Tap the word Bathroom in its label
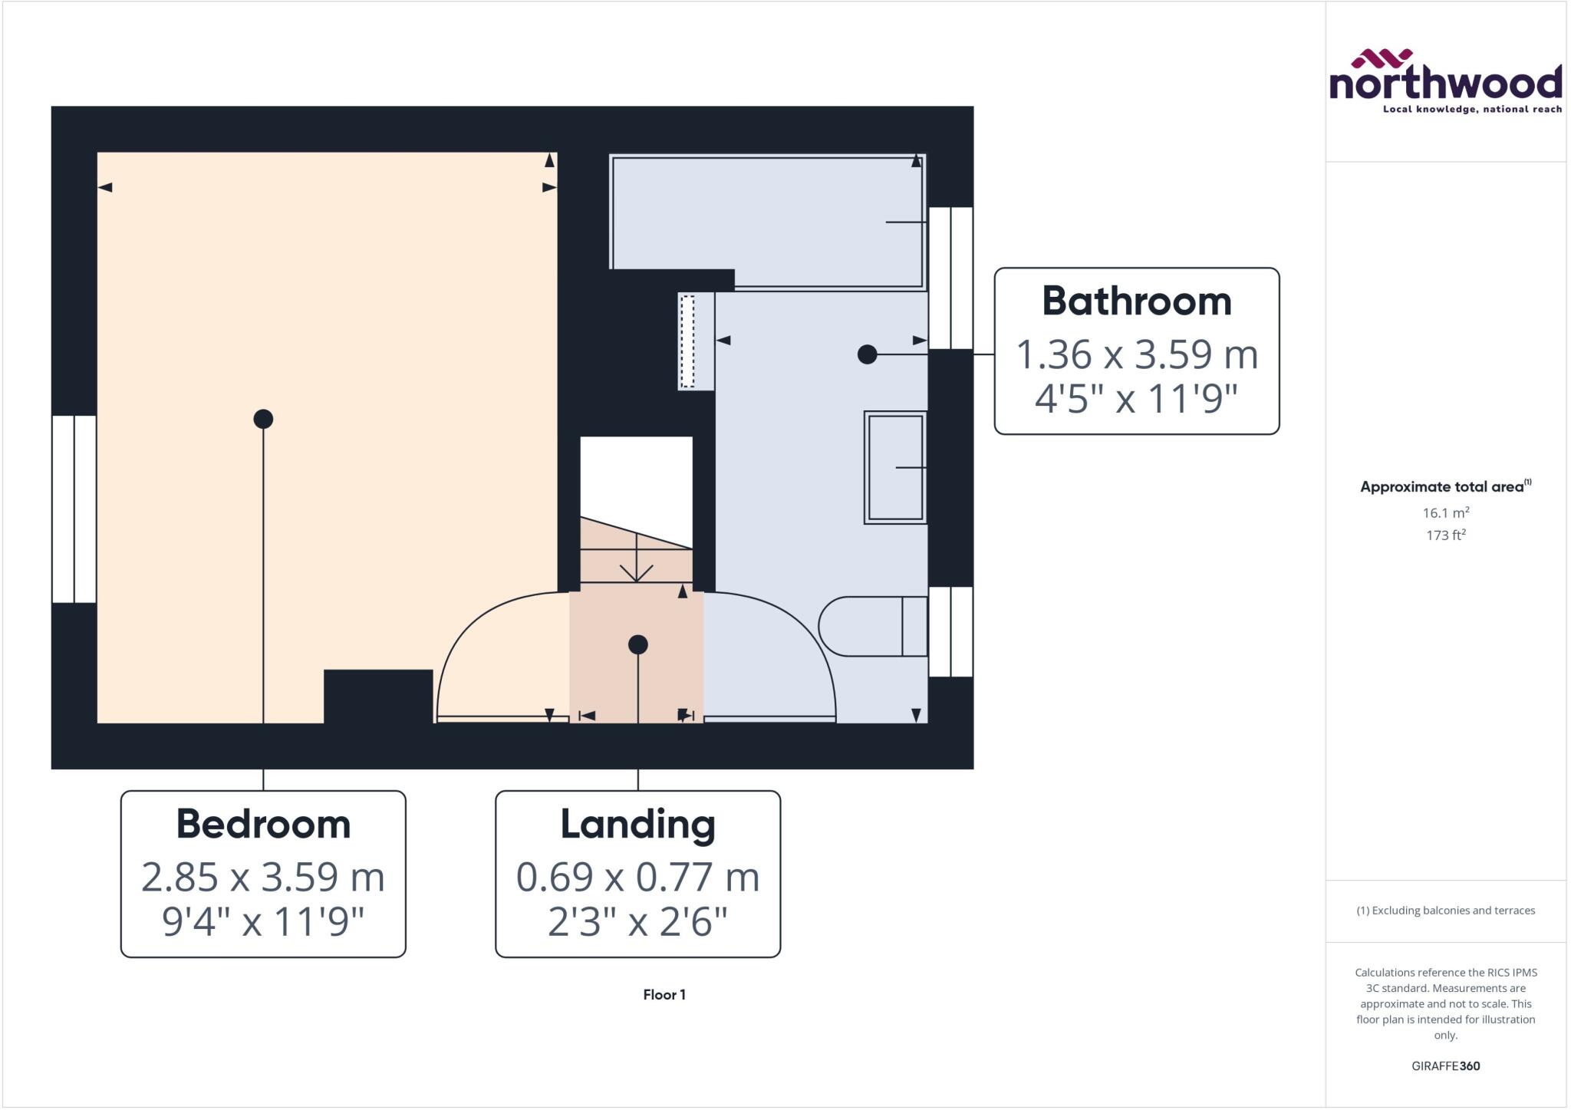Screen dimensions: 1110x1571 click(x=1136, y=301)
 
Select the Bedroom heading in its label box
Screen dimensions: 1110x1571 click(x=263, y=824)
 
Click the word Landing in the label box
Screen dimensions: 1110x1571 click(x=637, y=824)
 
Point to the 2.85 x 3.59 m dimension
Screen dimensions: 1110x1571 click(x=263, y=877)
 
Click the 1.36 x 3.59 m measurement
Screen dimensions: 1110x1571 click(x=1136, y=354)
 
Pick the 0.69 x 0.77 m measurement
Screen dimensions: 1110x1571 click(x=637, y=877)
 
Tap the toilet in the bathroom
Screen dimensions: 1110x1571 click(x=871, y=626)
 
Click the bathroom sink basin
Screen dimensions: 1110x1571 click(x=895, y=467)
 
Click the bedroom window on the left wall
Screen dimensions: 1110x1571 click(x=74, y=509)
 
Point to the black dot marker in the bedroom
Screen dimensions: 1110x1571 click(x=263, y=419)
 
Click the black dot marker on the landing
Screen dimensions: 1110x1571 click(x=637, y=644)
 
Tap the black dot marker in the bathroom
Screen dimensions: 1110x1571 click(x=867, y=354)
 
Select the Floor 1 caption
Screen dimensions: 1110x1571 click(x=664, y=995)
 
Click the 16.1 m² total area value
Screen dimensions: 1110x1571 click(x=1445, y=512)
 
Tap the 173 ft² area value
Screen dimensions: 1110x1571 click(x=1445, y=535)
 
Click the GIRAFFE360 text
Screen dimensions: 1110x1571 click(x=1445, y=1066)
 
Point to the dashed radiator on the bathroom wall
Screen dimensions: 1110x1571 click(x=688, y=341)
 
